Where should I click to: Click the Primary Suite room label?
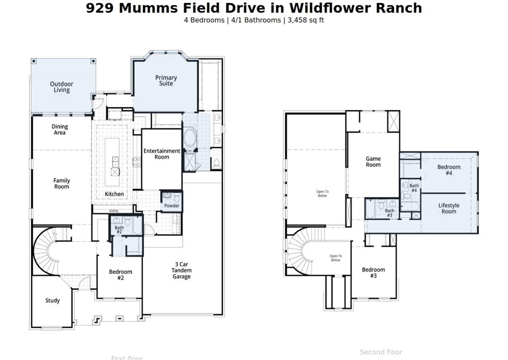point(166,80)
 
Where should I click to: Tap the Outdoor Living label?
point(62,87)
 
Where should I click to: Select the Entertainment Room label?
point(162,154)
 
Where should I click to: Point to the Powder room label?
point(172,206)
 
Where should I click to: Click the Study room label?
point(53,300)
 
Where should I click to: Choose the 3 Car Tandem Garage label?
point(182,271)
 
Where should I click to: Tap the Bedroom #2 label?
point(121,275)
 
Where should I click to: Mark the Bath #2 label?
point(119,230)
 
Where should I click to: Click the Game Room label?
point(373,162)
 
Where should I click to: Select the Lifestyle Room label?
point(448,209)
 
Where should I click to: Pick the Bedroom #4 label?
point(448,170)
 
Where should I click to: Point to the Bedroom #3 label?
point(373,273)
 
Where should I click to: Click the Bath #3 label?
point(389,213)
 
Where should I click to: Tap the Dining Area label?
point(60,130)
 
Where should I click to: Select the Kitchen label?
point(114,194)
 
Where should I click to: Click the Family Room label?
point(62,184)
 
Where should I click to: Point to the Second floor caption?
point(381,352)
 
